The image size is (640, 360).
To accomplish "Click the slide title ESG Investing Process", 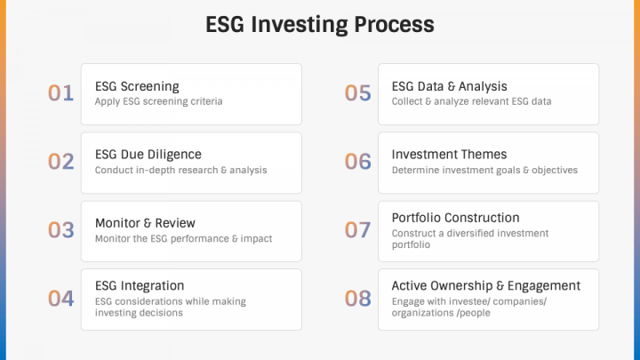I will (320, 24).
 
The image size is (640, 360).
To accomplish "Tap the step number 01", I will (60, 93).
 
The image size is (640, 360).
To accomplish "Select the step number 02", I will (60, 162).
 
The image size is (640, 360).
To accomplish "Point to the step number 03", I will (60, 230).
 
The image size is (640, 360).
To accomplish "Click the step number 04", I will (60, 299).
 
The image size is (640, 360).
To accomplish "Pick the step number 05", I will (357, 93).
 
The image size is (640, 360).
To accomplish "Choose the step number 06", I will (357, 162).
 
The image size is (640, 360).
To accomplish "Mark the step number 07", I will (357, 230).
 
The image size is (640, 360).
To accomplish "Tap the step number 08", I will (357, 299).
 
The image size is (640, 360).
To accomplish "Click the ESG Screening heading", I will (137, 86).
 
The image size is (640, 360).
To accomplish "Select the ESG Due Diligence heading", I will (148, 155).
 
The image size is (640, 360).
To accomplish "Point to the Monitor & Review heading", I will (145, 223).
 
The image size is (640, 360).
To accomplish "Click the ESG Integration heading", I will (140, 285).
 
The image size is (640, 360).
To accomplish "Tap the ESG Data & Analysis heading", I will (449, 86).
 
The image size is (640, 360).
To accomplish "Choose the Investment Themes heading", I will (449, 155).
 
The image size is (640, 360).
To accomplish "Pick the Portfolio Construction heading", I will (455, 218).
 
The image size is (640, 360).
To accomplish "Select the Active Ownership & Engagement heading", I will (485, 285).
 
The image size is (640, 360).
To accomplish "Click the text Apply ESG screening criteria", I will (158, 101).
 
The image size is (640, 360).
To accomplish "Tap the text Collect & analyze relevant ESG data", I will (471, 101).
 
